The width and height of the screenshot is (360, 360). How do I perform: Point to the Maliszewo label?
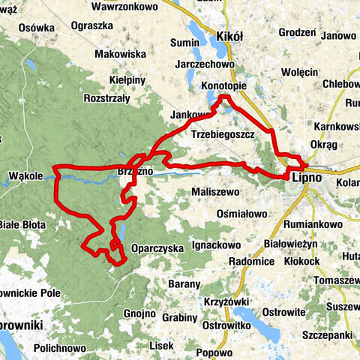(215, 191)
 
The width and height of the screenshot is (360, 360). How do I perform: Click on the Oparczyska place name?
(157, 247)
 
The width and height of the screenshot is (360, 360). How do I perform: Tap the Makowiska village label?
(119, 54)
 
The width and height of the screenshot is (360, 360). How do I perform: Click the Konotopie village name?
(223, 88)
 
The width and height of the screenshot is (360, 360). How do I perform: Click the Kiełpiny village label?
(124, 77)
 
